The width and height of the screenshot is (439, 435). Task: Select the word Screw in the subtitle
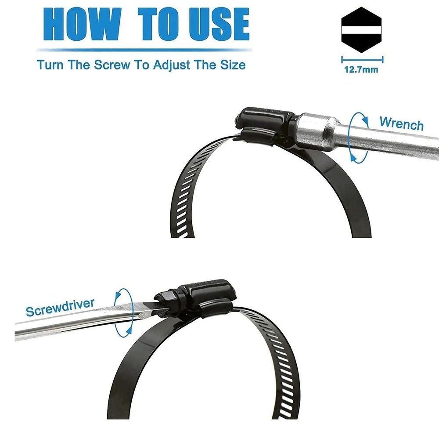[112, 65]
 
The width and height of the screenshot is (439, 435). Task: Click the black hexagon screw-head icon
[361, 30]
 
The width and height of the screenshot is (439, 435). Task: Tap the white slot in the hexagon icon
[361, 30]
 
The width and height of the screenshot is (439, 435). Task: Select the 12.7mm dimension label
[361, 69]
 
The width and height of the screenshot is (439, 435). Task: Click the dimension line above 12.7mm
[362, 59]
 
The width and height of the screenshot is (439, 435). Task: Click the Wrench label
[402, 123]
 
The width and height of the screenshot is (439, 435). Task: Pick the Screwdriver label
[60, 307]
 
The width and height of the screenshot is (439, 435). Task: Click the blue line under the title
[144, 50]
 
